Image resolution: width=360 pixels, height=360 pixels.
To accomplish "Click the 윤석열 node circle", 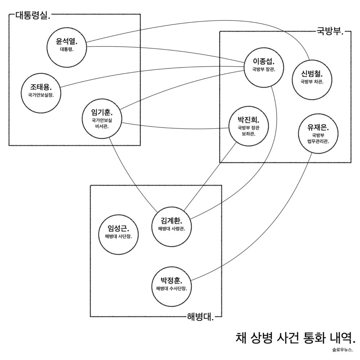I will pos(67,47).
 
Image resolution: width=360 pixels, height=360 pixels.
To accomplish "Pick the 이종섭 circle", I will pos(264,67).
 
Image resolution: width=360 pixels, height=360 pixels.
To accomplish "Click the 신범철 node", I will pos(312,80).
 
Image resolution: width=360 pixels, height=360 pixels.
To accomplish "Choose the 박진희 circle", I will pos(248,126).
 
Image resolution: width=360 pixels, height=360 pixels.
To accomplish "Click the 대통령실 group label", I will pos(33,16).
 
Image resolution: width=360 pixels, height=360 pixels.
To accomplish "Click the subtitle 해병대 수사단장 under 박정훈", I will pos(171,289).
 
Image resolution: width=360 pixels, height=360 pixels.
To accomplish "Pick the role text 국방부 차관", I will pos(312,82).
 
